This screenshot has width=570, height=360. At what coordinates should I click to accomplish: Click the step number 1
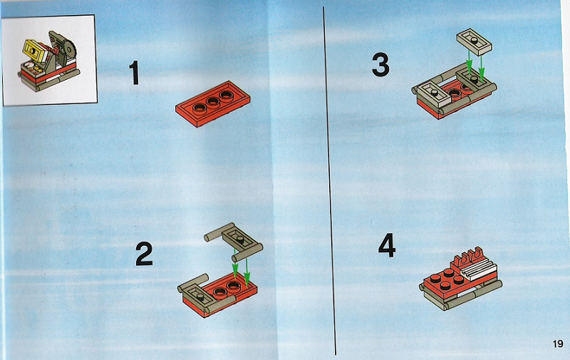[x=135, y=73]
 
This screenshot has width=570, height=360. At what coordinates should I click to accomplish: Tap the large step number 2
[x=144, y=254]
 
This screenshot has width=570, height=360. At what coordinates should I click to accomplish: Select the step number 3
[x=380, y=65]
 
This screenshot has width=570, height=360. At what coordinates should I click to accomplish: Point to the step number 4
[x=387, y=245]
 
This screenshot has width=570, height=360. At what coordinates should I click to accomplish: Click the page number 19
[x=558, y=344]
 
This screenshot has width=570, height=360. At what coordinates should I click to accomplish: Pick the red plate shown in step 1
[x=212, y=103]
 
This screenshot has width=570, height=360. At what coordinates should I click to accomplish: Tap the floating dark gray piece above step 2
[x=234, y=241]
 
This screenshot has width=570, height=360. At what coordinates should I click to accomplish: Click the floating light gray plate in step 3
[x=474, y=42]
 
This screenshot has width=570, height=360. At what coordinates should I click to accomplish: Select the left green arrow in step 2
[x=235, y=264]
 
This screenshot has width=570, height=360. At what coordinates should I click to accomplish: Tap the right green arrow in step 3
[x=482, y=68]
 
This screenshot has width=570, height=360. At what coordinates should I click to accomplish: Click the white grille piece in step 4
[x=477, y=269]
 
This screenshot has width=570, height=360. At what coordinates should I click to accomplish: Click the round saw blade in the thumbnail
[x=68, y=49]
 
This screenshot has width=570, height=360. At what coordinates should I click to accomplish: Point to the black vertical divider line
[x=329, y=181]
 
